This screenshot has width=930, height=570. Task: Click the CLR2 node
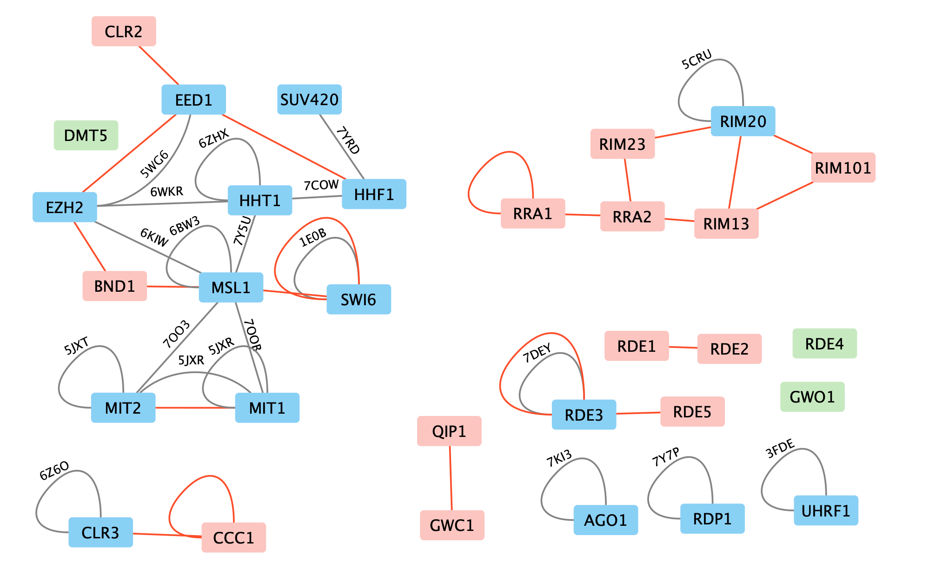[x=124, y=32]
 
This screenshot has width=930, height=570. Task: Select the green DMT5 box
[x=86, y=135]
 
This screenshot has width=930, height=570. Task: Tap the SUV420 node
[x=309, y=100]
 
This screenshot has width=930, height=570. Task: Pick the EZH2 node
[x=65, y=207]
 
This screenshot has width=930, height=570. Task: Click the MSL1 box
[x=231, y=288]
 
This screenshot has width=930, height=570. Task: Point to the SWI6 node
[x=359, y=300]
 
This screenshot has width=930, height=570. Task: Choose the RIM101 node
[x=843, y=168]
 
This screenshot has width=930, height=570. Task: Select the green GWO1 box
[x=812, y=397]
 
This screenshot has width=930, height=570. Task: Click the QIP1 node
[x=449, y=431]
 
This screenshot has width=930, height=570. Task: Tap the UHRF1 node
[x=826, y=510]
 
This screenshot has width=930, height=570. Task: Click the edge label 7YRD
[x=348, y=140]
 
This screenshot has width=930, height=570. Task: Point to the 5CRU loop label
[x=697, y=60]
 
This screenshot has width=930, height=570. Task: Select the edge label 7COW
[x=321, y=186]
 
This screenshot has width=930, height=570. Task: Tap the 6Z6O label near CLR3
[x=54, y=470]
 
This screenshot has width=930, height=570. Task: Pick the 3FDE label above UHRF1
[x=780, y=449]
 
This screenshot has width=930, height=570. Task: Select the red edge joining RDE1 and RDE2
[x=683, y=347]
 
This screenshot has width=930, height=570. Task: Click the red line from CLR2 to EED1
[x=159, y=66]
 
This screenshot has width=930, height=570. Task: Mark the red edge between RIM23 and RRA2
[x=628, y=180]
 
